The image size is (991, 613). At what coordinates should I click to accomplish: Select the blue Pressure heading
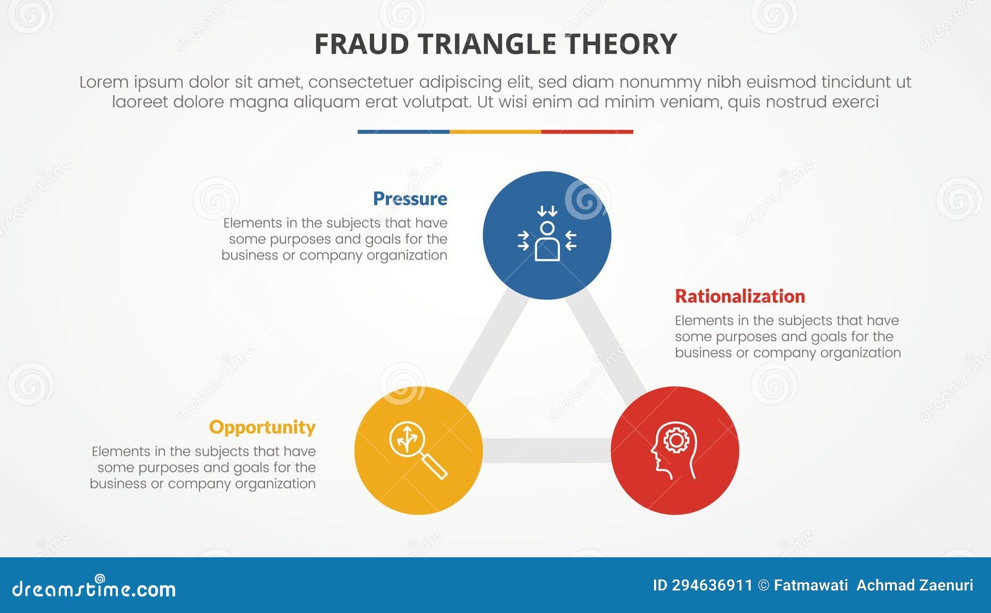(409, 199)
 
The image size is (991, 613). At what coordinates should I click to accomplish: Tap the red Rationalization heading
(740, 297)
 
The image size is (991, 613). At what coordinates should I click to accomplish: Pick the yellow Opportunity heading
(262, 427)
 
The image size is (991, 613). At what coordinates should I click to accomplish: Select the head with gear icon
(674, 451)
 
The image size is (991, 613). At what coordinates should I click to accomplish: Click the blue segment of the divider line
(403, 132)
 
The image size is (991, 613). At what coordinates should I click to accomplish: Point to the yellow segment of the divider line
(495, 132)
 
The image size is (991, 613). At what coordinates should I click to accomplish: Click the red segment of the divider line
(587, 132)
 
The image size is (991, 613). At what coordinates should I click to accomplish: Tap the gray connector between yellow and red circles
(546, 451)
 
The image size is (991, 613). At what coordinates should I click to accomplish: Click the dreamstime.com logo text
(94, 589)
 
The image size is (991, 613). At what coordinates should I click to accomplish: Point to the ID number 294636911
(712, 586)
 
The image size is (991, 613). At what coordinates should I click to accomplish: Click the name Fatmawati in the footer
(810, 586)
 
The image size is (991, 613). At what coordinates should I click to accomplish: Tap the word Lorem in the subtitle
(103, 82)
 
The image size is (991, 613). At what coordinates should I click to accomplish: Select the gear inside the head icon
(676, 440)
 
